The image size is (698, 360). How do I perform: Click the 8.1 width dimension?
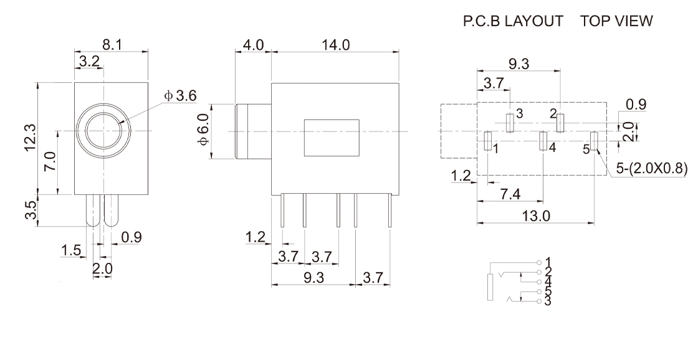(x=112, y=45)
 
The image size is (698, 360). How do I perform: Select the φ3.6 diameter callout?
(x=180, y=96)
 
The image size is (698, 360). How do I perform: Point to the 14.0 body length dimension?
(x=335, y=45)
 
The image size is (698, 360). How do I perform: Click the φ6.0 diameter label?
(x=203, y=129)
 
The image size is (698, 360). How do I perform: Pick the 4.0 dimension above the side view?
(x=253, y=45)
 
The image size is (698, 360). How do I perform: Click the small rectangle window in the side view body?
(x=332, y=138)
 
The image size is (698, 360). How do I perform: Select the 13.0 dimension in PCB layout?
(x=536, y=216)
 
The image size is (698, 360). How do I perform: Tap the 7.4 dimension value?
(x=510, y=194)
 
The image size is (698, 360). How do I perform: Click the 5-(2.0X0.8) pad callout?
(x=652, y=168)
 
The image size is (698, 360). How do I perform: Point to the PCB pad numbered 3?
(x=510, y=123)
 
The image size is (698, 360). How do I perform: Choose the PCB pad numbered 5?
(x=594, y=141)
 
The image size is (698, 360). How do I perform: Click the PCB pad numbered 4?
(x=543, y=141)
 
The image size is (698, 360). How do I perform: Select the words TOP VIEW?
(x=616, y=21)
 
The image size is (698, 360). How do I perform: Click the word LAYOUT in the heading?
(x=533, y=21)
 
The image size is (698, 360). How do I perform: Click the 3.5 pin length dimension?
(x=31, y=211)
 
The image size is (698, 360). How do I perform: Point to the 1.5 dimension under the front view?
(x=71, y=251)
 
